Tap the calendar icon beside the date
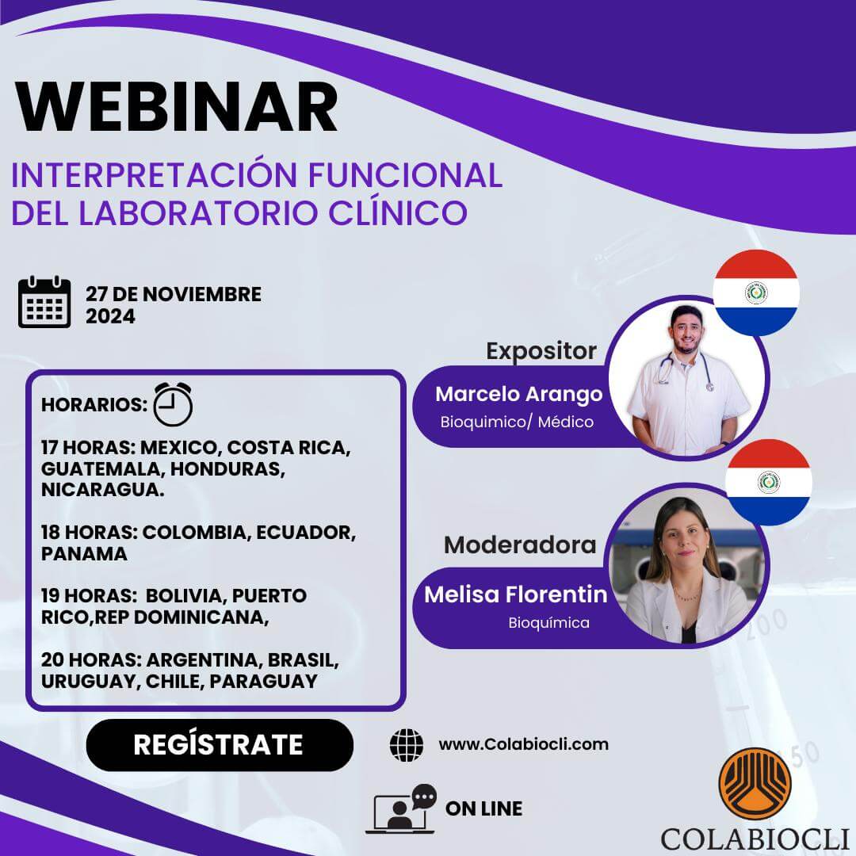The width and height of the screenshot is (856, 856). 44,302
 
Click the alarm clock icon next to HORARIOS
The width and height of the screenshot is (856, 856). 173,404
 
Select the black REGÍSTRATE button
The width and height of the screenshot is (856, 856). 219,745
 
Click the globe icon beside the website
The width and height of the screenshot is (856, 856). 407,745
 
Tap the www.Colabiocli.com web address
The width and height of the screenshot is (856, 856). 523,744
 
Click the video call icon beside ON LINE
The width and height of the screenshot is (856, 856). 403,809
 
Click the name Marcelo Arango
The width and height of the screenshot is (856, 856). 518,395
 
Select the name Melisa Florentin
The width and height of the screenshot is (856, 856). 515,594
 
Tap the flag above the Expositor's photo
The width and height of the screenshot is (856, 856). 755,292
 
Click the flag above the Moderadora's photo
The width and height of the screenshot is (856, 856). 768,482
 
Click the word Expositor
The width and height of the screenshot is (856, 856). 541,351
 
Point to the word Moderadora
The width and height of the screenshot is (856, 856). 520,545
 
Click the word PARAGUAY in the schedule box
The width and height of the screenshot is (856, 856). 263,681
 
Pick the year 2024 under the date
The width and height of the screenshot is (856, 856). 110,316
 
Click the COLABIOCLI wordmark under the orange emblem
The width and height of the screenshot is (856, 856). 755,837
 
